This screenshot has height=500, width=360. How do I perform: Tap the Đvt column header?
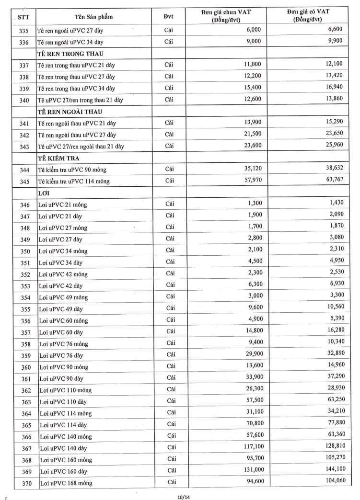click(169, 17)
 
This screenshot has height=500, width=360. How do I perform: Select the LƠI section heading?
click(45, 193)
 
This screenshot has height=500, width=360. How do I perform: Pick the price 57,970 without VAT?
click(250, 181)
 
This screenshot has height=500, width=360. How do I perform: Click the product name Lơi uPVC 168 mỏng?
click(66, 483)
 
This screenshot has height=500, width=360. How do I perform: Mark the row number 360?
click(25, 367)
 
